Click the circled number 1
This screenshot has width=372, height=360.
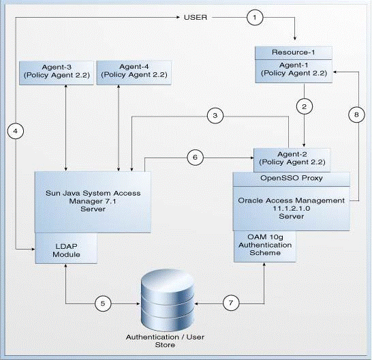pyautogui.click(x=255, y=17)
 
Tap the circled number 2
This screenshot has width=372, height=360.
pyautogui.click(x=305, y=106)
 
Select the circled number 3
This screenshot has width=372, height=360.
pyautogui.click(x=215, y=116)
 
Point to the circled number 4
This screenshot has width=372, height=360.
pyautogui.click(x=16, y=131)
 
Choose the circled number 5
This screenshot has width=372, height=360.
pyautogui.click(x=103, y=303)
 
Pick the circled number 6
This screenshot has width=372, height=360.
pyautogui.click(x=196, y=157)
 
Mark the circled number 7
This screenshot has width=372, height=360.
pyautogui.click(x=231, y=303)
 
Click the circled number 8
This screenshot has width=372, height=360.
pyautogui.click(x=356, y=115)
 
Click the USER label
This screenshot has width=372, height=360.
pyautogui.click(x=196, y=17)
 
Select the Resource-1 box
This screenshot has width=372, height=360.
pyautogui.click(x=294, y=52)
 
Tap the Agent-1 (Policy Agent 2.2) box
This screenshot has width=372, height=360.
pyautogui.click(x=294, y=71)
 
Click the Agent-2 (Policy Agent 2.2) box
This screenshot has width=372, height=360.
pyautogui.click(x=292, y=160)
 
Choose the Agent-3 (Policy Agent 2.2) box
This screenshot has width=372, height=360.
pyautogui.click(x=57, y=73)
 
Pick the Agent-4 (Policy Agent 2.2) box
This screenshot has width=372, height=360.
pyautogui.click(x=134, y=72)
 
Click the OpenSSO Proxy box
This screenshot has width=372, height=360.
pyautogui.click(x=292, y=179)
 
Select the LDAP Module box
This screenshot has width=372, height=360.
pyautogui.click(x=66, y=248)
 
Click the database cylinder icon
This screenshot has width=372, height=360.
pyautogui.click(x=168, y=301)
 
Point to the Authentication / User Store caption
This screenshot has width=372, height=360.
pyautogui.click(x=165, y=341)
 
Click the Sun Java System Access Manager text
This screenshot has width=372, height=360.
pyautogui.click(x=93, y=197)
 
